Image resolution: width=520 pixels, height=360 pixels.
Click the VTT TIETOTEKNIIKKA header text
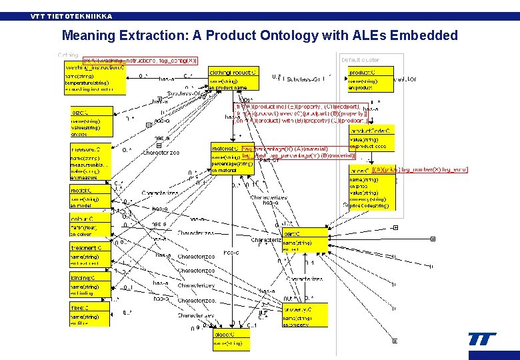pos(71,16)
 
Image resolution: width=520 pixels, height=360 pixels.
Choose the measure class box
pos(90,163)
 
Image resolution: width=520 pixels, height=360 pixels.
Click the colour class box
pos(90,225)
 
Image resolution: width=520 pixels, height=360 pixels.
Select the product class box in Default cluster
pos(370,79)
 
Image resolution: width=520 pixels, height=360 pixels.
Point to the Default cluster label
pos(360,60)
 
